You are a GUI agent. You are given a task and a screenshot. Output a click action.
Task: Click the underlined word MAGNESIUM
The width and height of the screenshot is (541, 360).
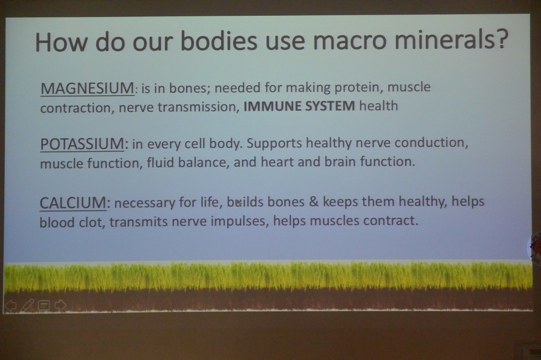click(x=87, y=88)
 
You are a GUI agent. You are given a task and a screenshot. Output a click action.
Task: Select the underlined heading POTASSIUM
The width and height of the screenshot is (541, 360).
click(x=82, y=144)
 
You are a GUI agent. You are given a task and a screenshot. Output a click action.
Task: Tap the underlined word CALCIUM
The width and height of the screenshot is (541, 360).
click(x=73, y=202)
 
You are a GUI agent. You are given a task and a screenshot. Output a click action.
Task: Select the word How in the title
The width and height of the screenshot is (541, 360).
click(x=61, y=42)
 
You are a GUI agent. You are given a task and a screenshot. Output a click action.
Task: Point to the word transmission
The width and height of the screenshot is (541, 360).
click(x=197, y=107)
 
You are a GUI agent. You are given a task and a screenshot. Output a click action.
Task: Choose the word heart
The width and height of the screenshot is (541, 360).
click(x=277, y=162)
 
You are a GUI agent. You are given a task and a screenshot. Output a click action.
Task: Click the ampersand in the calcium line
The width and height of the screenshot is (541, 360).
click(x=314, y=202)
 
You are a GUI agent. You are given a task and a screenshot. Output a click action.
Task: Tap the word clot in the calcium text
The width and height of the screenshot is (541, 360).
click(x=91, y=222)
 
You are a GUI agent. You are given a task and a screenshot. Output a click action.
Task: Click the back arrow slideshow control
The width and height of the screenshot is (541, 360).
click(x=11, y=306)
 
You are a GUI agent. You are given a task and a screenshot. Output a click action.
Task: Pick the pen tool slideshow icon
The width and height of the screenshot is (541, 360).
click(x=27, y=306)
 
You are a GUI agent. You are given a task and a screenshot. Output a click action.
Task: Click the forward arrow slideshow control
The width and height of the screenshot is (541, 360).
click(x=60, y=305)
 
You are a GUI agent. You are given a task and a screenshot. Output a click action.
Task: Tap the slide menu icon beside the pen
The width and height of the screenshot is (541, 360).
click(x=44, y=305)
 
